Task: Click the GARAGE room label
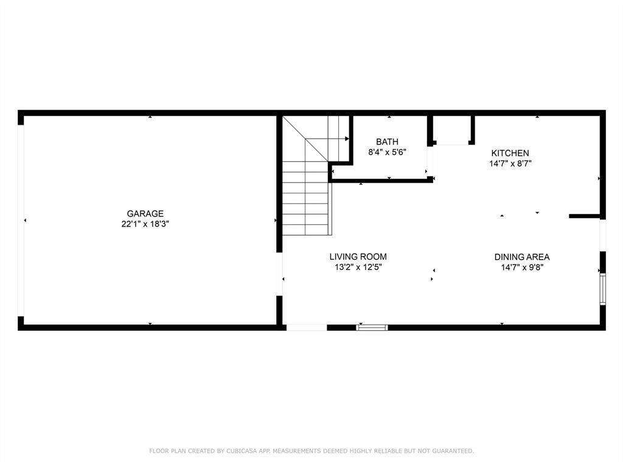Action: [145, 213]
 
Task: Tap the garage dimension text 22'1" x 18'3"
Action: [145, 224]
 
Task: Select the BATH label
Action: [387, 142]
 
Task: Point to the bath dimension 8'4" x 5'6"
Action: [387, 152]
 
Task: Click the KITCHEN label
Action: [510, 153]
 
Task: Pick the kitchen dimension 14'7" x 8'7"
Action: [510, 163]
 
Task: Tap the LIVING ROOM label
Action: [358, 257]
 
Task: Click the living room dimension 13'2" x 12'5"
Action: [358, 268]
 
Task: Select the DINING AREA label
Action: [522, 257]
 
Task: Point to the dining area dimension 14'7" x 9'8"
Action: [522, 268]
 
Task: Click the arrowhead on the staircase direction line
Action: [347, 139]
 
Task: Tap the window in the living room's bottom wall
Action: [372, 328]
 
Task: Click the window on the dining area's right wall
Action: [603, 289]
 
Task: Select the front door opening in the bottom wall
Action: [307, 328]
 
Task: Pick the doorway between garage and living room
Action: [279, 274]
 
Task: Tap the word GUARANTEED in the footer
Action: [453, 451]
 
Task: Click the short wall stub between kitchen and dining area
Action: [584, 216]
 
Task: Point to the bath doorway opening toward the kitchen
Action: [430, 161]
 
